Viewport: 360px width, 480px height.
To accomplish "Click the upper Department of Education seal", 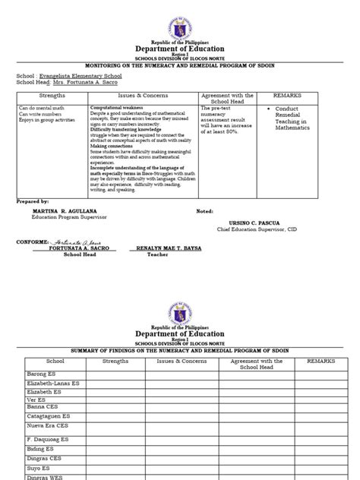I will click(x=179, y=20).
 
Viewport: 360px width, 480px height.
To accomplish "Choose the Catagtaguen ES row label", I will click(x=47, y=415).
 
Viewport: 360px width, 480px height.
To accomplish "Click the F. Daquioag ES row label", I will click(x=47, y=439).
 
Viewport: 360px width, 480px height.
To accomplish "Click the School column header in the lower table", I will click(x=55, y=362).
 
